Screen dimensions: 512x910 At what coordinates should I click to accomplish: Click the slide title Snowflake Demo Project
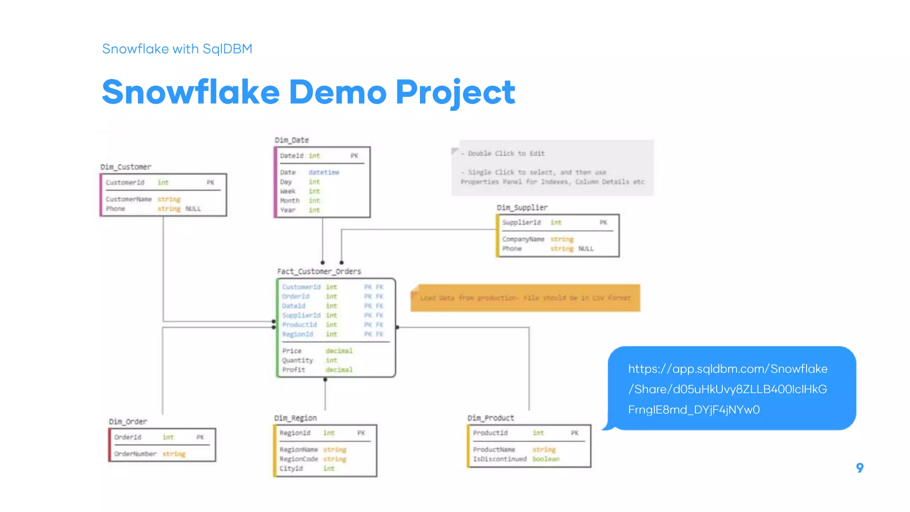308,92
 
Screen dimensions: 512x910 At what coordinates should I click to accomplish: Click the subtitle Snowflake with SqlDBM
177,48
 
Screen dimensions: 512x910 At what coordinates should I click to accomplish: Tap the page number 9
860,468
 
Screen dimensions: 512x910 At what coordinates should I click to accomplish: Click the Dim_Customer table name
126,167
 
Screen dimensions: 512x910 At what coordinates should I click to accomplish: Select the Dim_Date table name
291,140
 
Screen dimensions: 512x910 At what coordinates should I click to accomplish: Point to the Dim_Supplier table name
522,208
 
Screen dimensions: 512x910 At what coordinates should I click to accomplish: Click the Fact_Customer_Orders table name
319,271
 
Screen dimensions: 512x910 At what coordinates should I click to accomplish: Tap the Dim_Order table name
128,421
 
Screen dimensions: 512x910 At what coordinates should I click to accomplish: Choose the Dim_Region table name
295,418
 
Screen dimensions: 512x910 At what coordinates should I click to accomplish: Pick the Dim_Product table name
491,418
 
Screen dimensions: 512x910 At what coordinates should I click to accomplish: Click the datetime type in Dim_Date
324,172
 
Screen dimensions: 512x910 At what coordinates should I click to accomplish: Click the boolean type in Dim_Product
546,459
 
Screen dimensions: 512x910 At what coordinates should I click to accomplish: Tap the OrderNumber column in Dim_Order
135,454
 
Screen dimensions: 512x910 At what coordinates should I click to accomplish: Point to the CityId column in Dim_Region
291,468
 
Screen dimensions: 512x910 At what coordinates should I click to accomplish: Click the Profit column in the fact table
294,370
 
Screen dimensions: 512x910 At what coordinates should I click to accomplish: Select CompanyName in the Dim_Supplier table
523,239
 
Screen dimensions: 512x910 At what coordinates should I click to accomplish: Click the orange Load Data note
525,298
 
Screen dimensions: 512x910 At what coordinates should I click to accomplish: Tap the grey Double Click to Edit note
552,168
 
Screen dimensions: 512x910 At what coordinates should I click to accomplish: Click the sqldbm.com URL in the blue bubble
727,389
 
